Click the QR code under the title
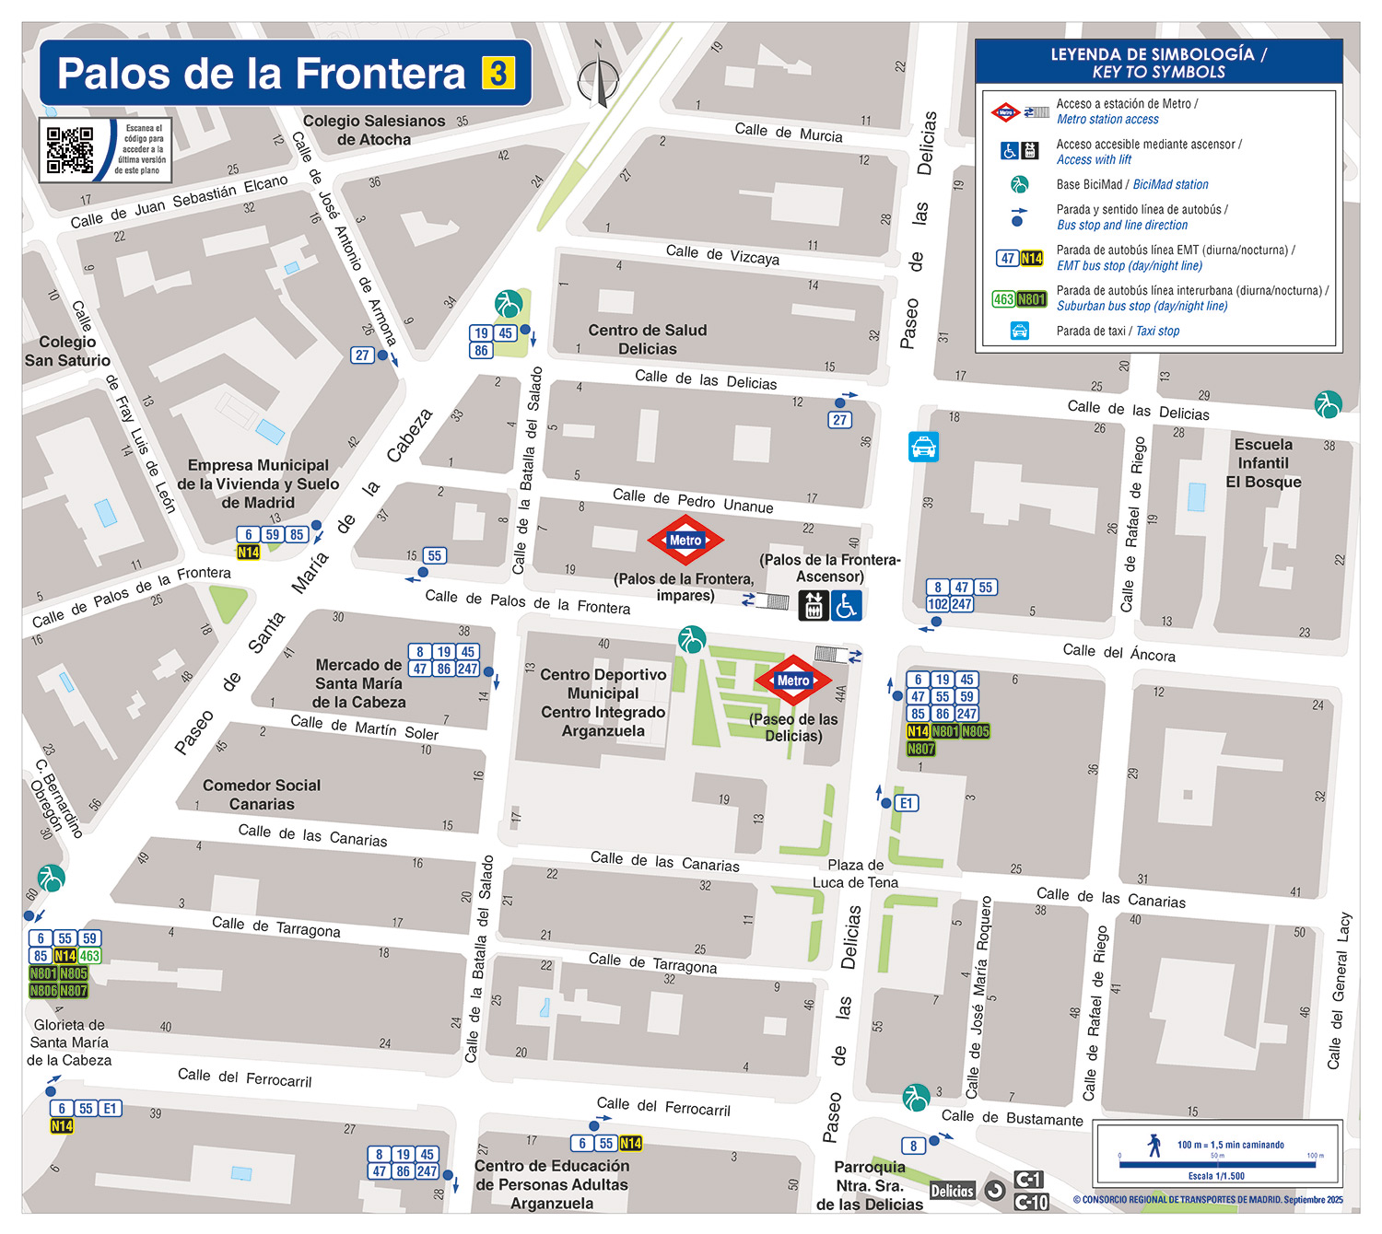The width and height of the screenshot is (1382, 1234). pos(70,150)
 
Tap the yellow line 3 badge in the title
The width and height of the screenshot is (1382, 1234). pos(498,73)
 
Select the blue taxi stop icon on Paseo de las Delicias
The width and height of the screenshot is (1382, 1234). pos(923,447)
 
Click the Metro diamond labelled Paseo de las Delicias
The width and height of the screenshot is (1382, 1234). pos(793,681)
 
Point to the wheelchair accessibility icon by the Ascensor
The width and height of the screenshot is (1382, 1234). pos(847,605)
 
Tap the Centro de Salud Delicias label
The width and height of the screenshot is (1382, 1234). pos(648,340)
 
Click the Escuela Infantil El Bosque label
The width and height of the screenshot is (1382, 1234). pos(1263,463)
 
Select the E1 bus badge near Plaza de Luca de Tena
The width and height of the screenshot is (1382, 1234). pos(907,803)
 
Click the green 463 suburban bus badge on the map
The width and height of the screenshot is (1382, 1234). pos(89,956)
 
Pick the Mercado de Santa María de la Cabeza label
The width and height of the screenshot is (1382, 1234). pos(358,683)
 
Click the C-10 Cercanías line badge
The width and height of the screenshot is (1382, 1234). pos(1031,1202)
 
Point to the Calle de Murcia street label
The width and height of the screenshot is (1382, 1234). pos(789,133)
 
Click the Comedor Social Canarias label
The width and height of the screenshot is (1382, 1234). pos(262,795)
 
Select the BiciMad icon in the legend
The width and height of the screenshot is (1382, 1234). pos(1019,184)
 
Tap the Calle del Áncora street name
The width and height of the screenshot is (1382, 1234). pos(1118,652)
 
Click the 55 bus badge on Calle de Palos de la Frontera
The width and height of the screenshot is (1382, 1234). pos(435,555)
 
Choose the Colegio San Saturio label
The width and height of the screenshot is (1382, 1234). pos(67,351)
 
